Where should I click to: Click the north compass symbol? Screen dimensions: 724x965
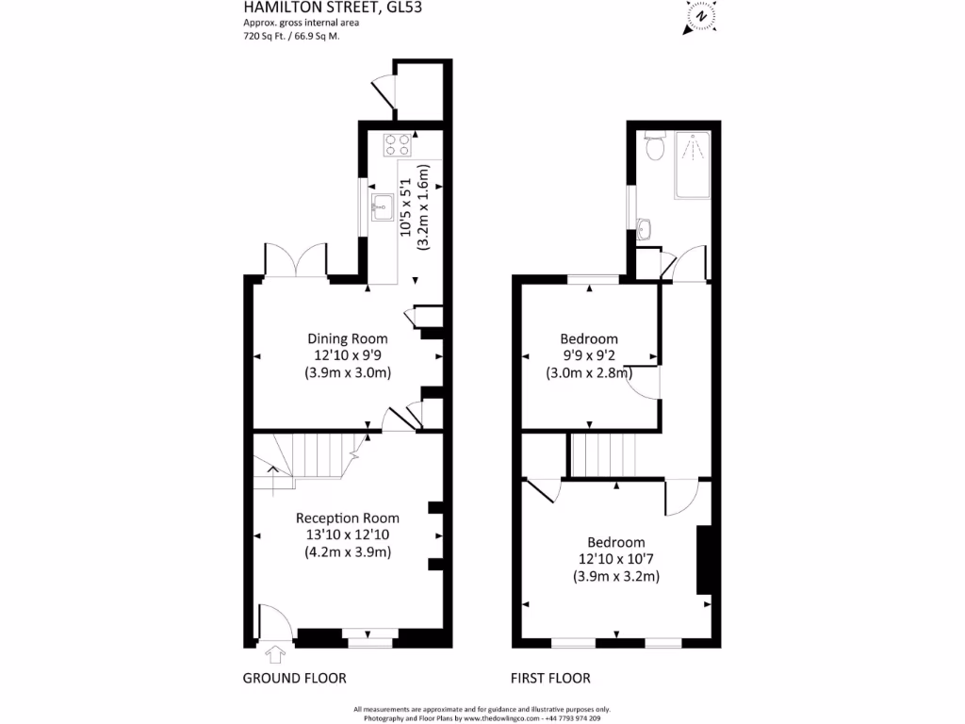point(700,16)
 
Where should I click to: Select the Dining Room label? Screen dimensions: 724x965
point(348,338)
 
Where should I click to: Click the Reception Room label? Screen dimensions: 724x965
point(348,518)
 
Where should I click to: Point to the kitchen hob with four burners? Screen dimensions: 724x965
point(397,144)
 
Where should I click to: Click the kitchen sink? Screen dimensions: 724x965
point(382,206)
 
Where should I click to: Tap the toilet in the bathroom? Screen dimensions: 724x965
point(656,146)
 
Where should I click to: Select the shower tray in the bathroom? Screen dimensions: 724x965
point(693,166)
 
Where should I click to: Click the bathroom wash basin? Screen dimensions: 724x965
point(645,227)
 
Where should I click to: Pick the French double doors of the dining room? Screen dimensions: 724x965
point(296,259)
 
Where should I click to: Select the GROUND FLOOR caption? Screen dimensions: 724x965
point(294,678)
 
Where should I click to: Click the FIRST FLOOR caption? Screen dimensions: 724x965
point(550,678)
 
